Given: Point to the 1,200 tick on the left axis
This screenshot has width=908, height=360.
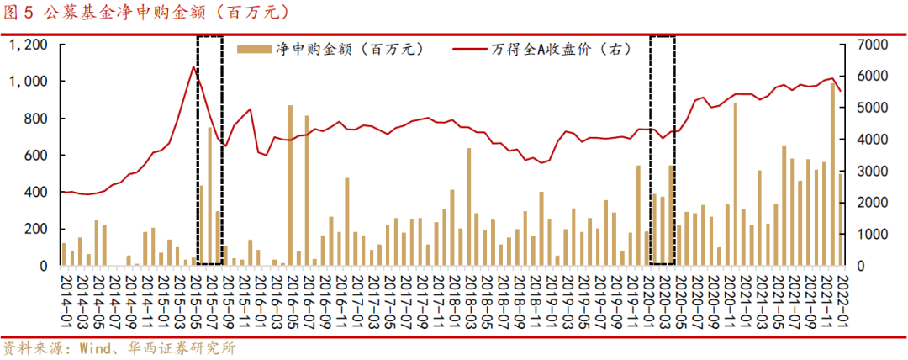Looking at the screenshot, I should [x=28, y=44].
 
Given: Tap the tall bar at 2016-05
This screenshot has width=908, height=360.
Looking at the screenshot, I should [x=291, y=185].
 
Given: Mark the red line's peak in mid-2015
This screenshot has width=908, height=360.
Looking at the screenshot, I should [x=193, y=66].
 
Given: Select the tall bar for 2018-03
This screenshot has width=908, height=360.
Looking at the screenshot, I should [x=468, y=207].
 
